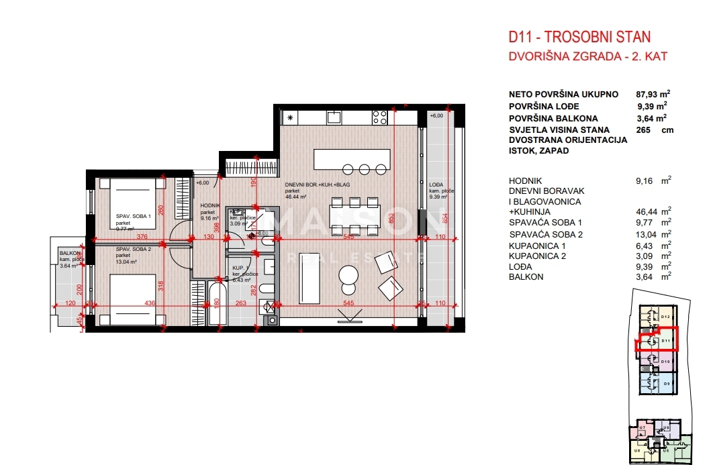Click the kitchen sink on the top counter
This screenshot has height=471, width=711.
coord(334,117)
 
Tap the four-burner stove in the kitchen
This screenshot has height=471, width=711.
coord(379,117)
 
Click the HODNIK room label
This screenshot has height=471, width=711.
coord(209,205)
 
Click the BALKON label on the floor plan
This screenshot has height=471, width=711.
coord(68,253)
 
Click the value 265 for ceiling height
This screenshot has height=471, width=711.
coord(643,129)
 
